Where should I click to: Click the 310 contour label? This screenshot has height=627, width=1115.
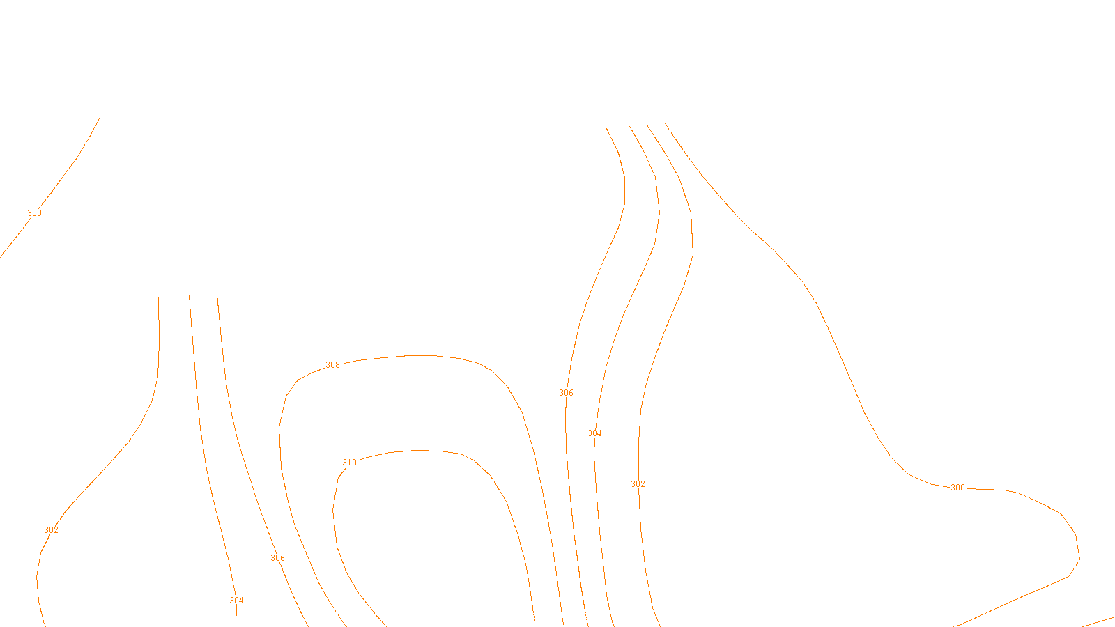pos(349,463)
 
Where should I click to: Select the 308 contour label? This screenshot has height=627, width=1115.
pos(333,365)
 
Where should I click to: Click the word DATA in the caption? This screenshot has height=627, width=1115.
pos(589,616)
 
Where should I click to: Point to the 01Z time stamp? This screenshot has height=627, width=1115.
pos(528,616)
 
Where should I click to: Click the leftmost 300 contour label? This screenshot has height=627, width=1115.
pos(34,213)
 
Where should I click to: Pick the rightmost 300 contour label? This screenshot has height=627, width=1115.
pos(958,488)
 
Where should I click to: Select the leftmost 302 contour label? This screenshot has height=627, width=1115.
pos(51,530)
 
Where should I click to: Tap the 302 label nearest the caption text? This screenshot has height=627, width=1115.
pos(638,484)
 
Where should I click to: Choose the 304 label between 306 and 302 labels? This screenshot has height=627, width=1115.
pos(594,433)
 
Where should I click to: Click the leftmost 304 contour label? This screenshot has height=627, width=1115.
pos(236,601)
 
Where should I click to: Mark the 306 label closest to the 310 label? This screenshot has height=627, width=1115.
pos(277,558)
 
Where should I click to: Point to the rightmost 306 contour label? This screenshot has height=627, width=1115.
pos(566,393)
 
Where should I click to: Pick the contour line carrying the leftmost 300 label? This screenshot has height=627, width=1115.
pos(76,158)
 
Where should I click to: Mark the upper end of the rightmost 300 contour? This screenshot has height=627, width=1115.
pos(666,124)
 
